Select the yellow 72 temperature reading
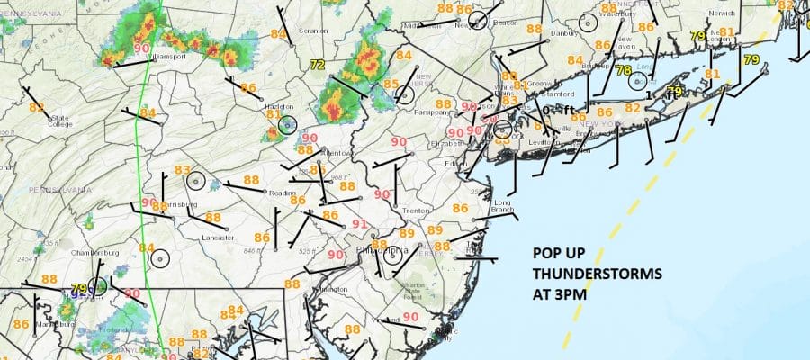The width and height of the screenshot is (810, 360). (x=316, y=65)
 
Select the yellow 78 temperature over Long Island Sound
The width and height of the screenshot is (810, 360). (x=623, y=70)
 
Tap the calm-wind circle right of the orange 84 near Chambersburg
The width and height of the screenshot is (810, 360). (x=160, y=259)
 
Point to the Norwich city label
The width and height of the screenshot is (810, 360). (x=723, y=13)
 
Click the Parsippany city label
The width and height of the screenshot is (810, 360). (x=432, y=113)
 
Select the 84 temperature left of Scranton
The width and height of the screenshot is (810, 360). (x=279, y=34)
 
